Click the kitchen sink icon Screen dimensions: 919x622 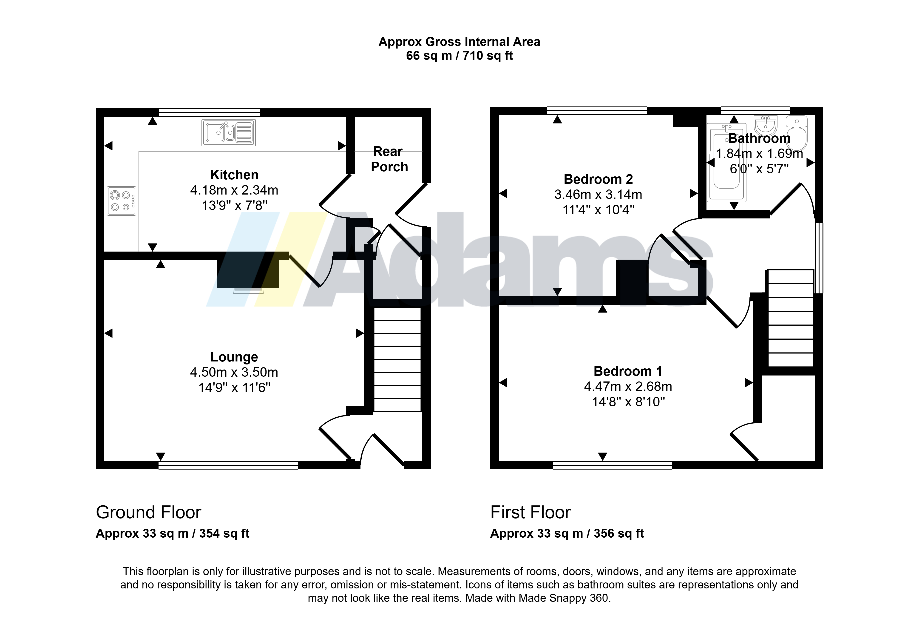click(x=229, y=132)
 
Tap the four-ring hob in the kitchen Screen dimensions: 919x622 click(x=121, y=201)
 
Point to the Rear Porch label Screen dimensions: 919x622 click(x=389, y=159)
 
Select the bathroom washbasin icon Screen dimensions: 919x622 click(x=766, y=125)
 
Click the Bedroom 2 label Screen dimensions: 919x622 click(x=598, y=179)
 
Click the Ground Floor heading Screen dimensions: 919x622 click(x=149, y=512)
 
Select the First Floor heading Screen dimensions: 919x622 click(x=531, y=512)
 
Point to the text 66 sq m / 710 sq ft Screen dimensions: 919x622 click(x=459, y=56)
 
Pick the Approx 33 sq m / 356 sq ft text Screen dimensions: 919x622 click(x=567, y=533)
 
